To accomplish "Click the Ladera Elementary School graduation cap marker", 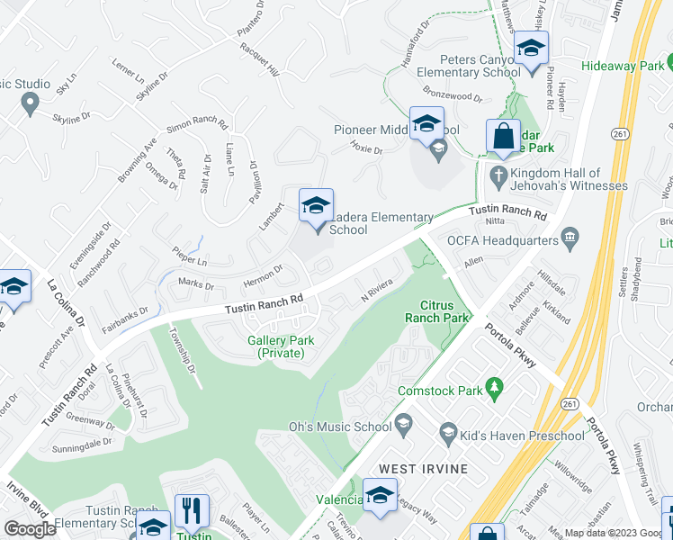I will (316, 206).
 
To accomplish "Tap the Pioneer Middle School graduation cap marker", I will (426, 125).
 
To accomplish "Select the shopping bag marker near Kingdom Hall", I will (503, 137).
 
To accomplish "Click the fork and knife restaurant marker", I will (192, 512).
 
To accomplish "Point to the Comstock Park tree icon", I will (493, 387).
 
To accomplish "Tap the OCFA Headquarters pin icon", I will (569, 238).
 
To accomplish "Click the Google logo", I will (31, 529).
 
